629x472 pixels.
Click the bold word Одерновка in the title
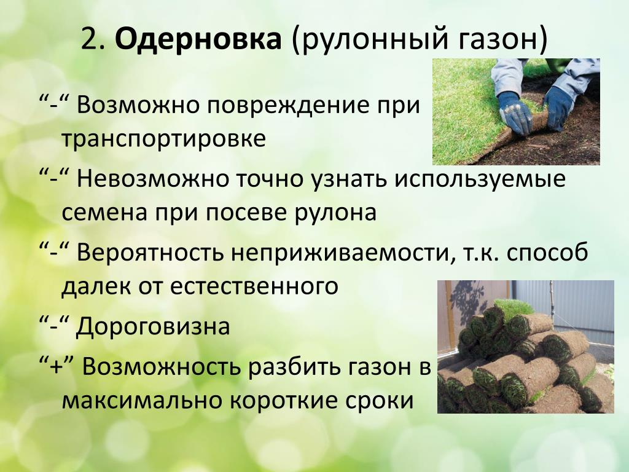(x=198, y=39)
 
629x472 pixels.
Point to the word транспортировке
(x=163, y=139)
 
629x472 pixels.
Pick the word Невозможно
(x=152, y=179)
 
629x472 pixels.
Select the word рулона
(x=335, y=213)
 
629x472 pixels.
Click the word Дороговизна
(x=153, y=326)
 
